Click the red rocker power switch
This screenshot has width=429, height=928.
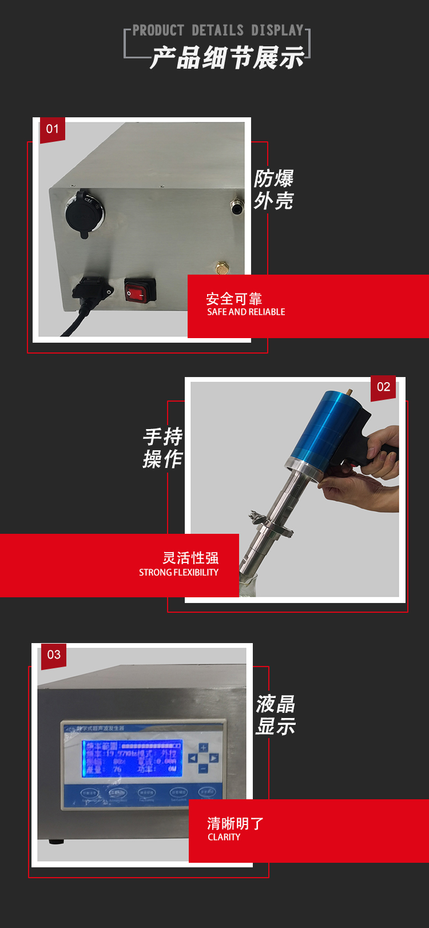pyautogui.click(x=140, y=291)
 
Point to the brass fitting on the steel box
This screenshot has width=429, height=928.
pyautogui.click(x=221, y=267)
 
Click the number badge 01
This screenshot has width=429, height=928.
pyautogui.click(x=52, y=129)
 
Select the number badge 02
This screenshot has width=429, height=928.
pyautogui.click(x=383, y=387)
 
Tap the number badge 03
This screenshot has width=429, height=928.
pyautogui.click(x=54, y=655)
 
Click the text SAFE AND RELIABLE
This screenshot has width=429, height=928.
pyautogui.click(x=246, y=312)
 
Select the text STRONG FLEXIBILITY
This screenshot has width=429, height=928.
pyautogui.click(x=178, y=572)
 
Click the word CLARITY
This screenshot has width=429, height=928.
pyautogui.click(x=224, y=837)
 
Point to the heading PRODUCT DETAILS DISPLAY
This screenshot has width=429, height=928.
pyautogui.click(x=218, y=30)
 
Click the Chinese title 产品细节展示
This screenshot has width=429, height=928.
pyautogui.click(x=227, y=58)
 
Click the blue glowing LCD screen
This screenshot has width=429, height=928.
pyautogui.click(x=132, y=758)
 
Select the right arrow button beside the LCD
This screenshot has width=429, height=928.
pyautogui.click(x=213, y=758)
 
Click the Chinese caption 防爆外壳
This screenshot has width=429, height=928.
pyautogui.click(x=273, y=189)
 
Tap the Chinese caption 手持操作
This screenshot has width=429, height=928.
pyautogui.click(x=162, y=447)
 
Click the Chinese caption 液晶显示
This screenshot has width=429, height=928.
pyautogui.click(x=275, y=715)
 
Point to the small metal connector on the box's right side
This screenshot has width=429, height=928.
pyautogui.click(x=236, y=206)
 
